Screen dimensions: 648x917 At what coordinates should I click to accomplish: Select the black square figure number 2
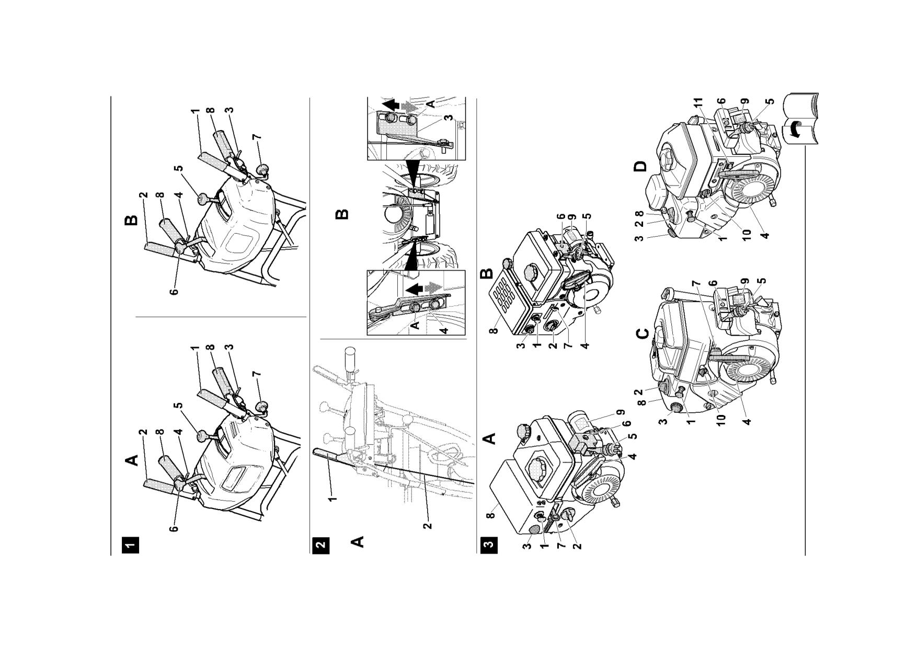[x=320, y=545]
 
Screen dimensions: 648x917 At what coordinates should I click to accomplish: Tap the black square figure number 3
[x=489, y=545]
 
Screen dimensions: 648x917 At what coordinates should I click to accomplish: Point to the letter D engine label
[x=640, y=167]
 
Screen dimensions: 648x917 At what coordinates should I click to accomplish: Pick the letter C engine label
[x=644, y=333]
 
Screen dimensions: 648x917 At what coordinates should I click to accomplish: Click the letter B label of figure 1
[x=132, y=219]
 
